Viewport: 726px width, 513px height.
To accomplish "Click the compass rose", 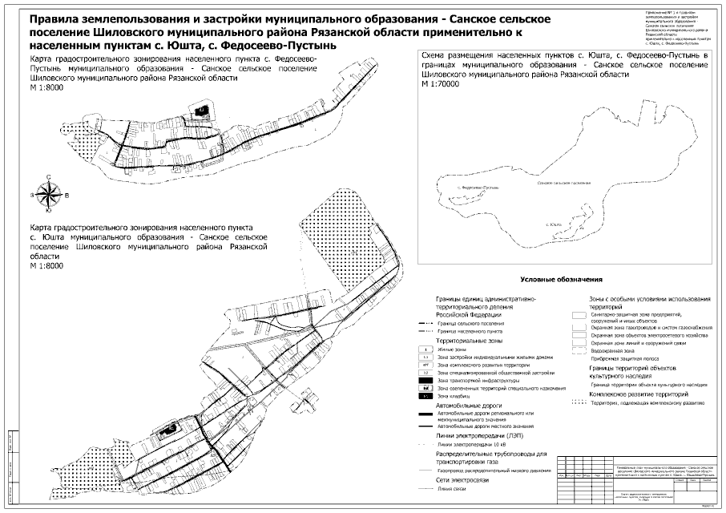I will click(50, 193).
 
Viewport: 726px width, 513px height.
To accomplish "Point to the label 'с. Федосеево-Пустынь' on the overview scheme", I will click(480, 187).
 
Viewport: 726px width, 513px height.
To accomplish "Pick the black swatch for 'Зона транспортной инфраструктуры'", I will click(426, 381).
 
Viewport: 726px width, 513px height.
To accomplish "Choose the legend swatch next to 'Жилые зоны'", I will click(426, 350).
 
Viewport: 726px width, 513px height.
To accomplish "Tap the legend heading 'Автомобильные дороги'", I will click(462, 406).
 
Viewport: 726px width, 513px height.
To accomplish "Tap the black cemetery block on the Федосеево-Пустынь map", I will click(203, 110).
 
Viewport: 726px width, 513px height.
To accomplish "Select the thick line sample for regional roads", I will click(426, 415).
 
